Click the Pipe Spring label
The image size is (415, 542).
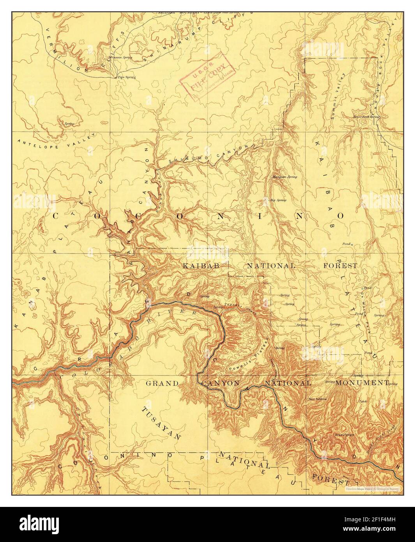tap(127, 77)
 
